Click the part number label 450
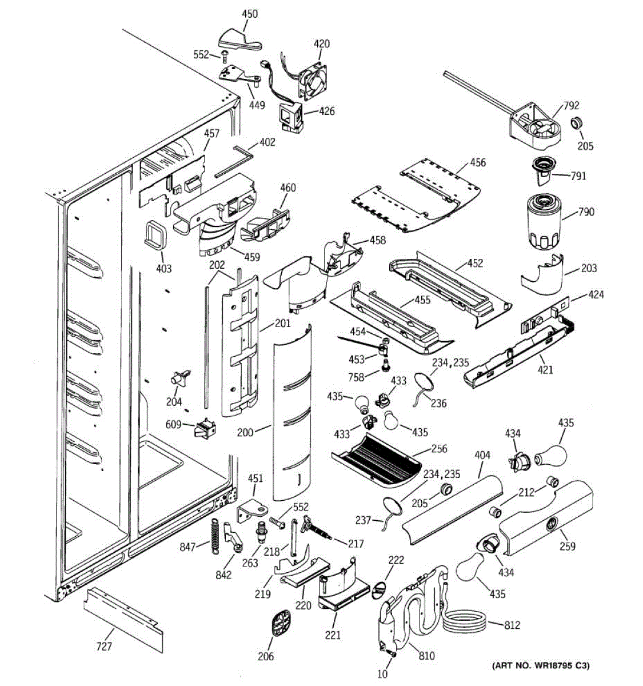(x=250, y=14)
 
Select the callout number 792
(x=571, y=105)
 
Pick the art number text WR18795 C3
(x=540, y=665)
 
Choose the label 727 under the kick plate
(x=104, y=647)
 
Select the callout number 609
(x=173, y=425)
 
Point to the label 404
(x=482, y=456)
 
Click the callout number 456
(x=478, y=162)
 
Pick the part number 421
(x=545, y=370)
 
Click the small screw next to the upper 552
(x=223, y=55)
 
